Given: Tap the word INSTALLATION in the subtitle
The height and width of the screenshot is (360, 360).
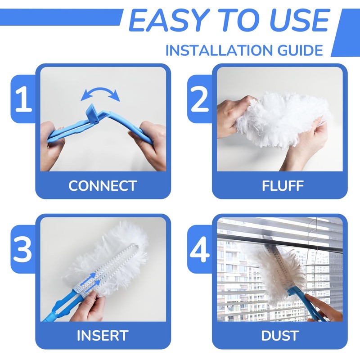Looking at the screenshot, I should [x=214, y=50].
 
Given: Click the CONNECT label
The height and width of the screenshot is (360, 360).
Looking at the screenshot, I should [x=102, y=186].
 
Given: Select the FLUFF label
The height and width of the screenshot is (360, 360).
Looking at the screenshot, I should [x=279, y=186].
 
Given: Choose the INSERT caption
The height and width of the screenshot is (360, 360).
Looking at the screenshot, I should [x=102, y=335].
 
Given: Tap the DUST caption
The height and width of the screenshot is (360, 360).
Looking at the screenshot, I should [x=279, y=335].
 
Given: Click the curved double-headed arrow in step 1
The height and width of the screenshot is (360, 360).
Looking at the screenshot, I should [x=101, y=93].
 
